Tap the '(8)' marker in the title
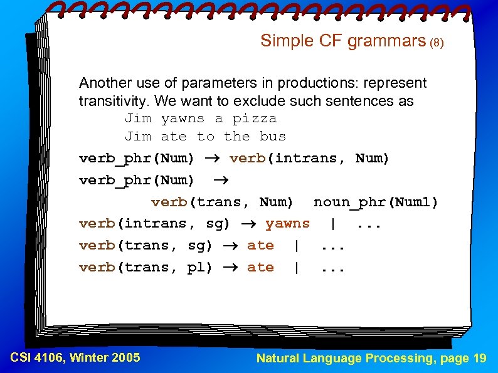point(437,43)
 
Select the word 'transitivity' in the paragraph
point(115,100)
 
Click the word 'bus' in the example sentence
point(272,136)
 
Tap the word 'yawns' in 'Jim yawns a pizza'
point(183,118)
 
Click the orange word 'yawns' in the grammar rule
point(287,223)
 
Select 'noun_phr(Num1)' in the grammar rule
point(376,202)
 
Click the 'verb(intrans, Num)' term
point(309,159)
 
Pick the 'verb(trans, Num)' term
point(222,202)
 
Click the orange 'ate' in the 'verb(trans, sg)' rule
point(260,245)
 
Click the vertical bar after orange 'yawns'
point(332,224)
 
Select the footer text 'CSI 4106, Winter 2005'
point(75,358)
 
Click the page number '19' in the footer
point(479,359)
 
